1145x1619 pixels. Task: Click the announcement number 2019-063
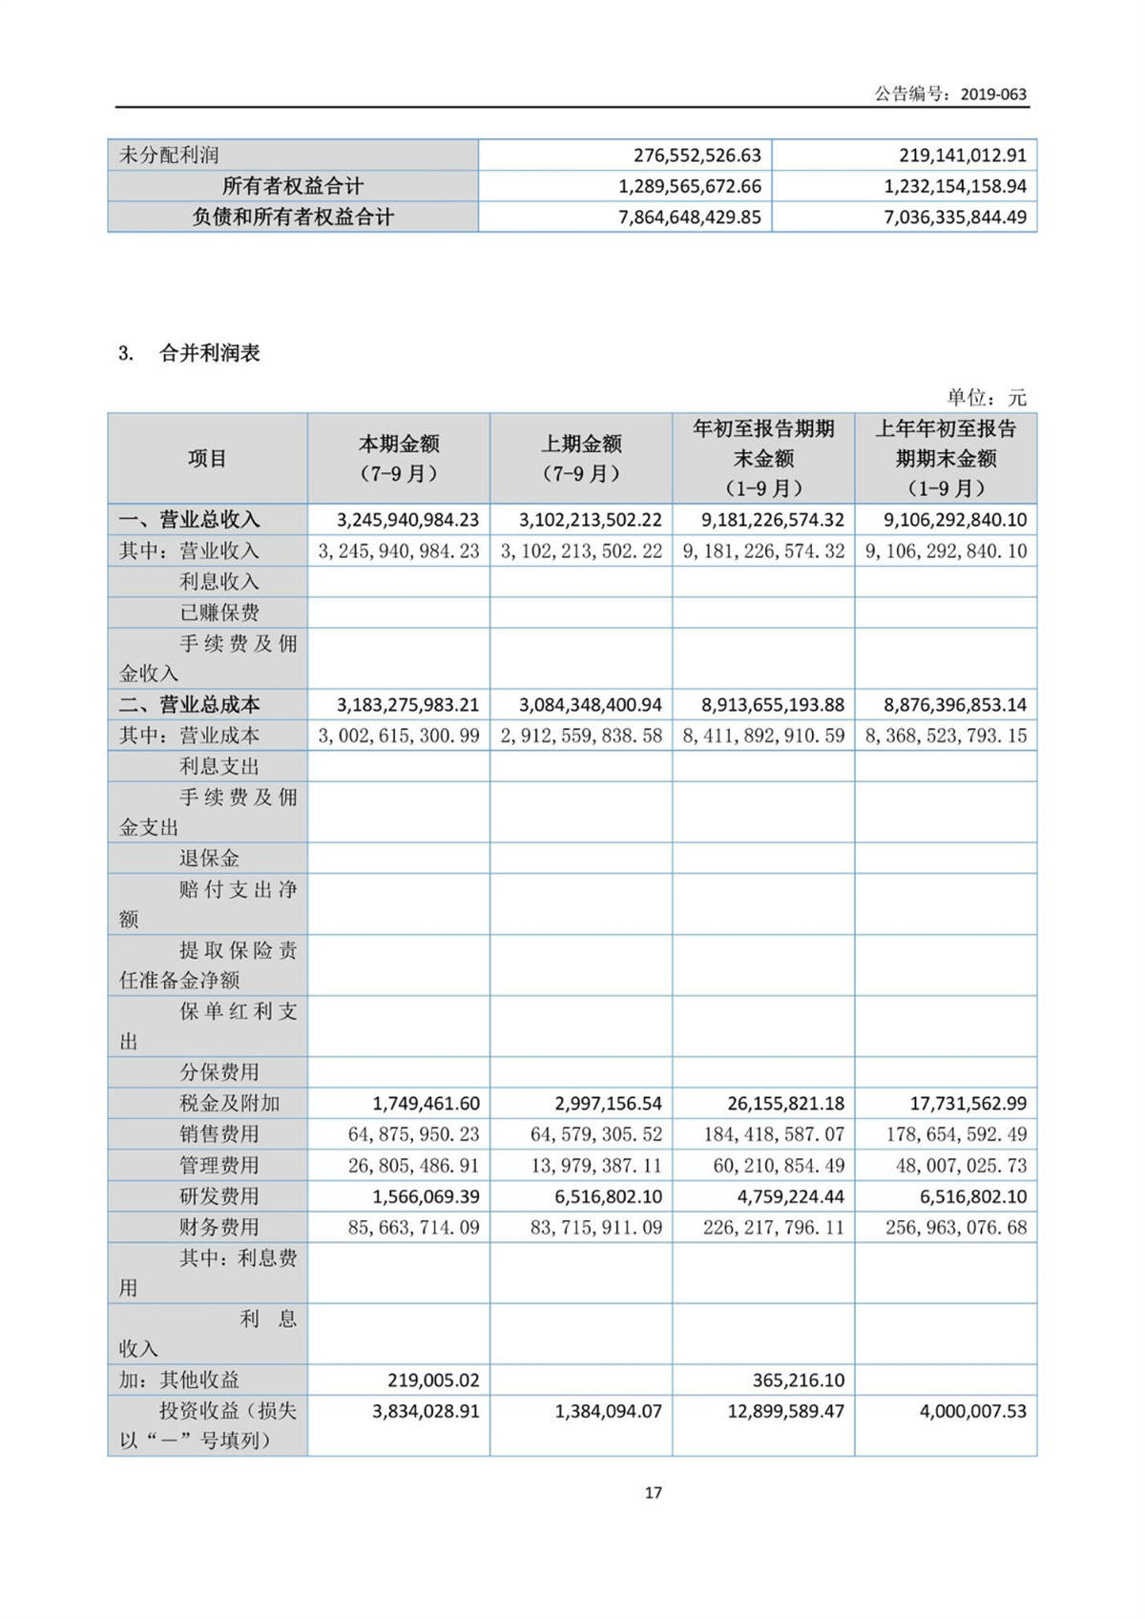993,93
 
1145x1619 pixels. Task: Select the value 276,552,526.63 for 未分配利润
697,155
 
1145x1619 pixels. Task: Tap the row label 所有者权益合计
293,186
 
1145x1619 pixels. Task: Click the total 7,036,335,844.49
955,218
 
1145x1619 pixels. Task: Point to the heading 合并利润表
210,353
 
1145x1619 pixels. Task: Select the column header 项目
207,459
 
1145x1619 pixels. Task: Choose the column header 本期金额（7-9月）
399,459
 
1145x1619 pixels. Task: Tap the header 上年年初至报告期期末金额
946,459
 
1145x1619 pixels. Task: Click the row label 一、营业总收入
189,520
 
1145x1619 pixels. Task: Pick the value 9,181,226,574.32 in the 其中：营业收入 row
763,551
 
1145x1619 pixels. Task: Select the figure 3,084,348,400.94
591,705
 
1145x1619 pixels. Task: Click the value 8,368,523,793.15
946,736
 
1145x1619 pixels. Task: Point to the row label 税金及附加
230,1104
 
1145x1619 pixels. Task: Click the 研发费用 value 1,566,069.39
427,1196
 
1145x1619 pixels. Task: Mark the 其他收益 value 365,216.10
791,1380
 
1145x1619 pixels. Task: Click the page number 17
654,1492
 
